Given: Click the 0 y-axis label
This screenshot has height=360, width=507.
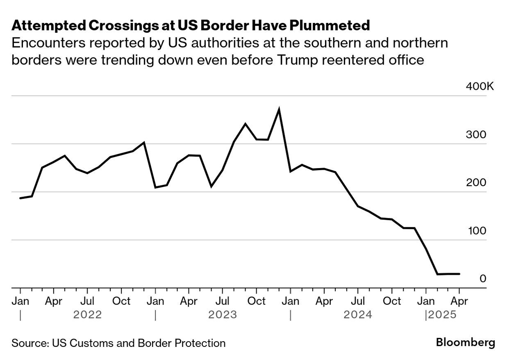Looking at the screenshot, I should click(483, 279).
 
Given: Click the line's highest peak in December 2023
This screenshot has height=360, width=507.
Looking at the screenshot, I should click(279, 109).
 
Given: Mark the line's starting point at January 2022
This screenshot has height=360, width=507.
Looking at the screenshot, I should click(20, 198).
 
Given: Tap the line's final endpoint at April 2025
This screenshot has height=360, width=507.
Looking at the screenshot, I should click(459, 274).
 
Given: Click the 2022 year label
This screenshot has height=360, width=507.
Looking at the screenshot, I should click(87, 315).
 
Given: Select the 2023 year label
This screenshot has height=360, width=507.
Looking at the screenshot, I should click(223, 315).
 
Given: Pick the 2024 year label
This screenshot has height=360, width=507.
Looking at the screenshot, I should click(358, 315).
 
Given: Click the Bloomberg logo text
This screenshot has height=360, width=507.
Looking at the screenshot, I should click(465, 343).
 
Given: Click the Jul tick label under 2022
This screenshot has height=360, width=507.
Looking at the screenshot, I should click(87, 301).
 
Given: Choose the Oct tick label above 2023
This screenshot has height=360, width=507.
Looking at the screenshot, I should click(257, 301).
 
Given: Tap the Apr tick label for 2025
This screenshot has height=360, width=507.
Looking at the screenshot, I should click(459, 301).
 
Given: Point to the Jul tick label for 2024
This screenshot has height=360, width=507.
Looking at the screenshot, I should click(358, 301).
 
